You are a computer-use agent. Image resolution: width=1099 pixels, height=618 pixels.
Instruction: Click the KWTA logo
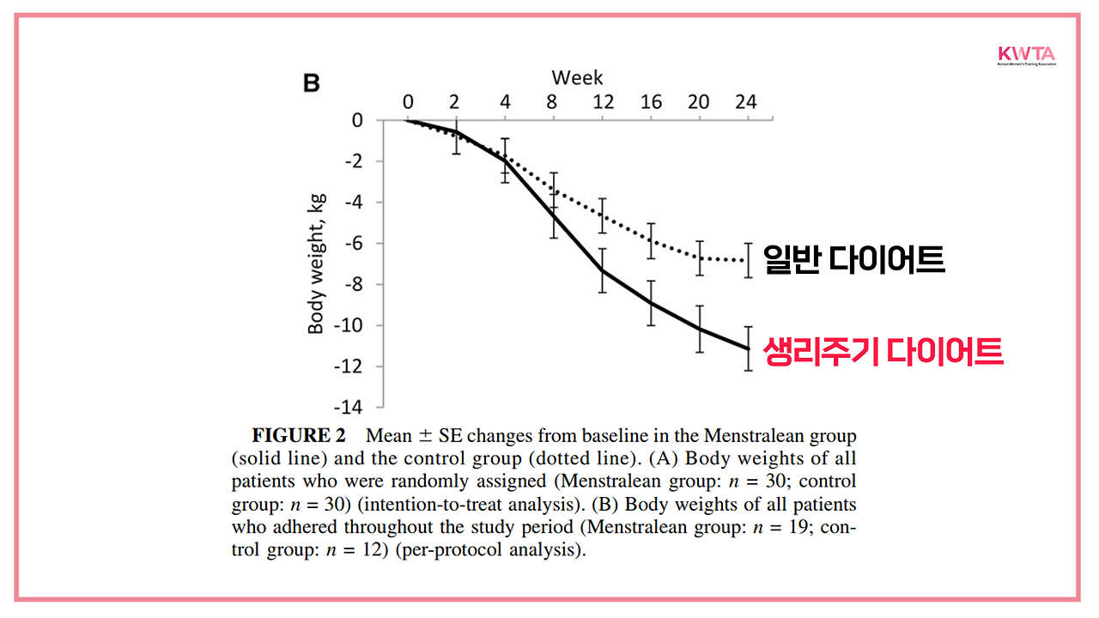click(x=1026, y=56)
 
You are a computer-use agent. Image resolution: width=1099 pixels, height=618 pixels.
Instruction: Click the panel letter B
click(x=312, y=83)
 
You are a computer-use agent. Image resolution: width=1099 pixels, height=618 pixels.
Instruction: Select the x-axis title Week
click(x=577, y=78)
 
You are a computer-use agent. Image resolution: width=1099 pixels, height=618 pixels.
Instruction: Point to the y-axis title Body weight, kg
click(x=316, y=264)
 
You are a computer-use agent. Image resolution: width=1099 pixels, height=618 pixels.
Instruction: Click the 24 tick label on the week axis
click(x=746, y=102)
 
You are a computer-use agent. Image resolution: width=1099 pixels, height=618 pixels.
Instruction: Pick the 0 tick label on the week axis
click(x=408, y=102)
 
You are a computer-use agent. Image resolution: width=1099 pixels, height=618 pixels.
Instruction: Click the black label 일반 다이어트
click(x=853, y=259)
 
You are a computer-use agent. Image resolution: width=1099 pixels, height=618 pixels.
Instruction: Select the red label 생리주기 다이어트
click(x=883, y=352)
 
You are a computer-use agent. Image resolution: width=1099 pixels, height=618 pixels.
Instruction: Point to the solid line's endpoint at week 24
click(x=748, y=348)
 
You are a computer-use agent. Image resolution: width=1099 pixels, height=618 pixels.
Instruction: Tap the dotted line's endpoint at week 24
click(x=748, y=260)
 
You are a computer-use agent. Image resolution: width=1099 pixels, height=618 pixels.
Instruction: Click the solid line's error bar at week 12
click(x=603, y=270)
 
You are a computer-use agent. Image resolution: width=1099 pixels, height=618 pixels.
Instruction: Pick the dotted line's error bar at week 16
click(x=652, y=241)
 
